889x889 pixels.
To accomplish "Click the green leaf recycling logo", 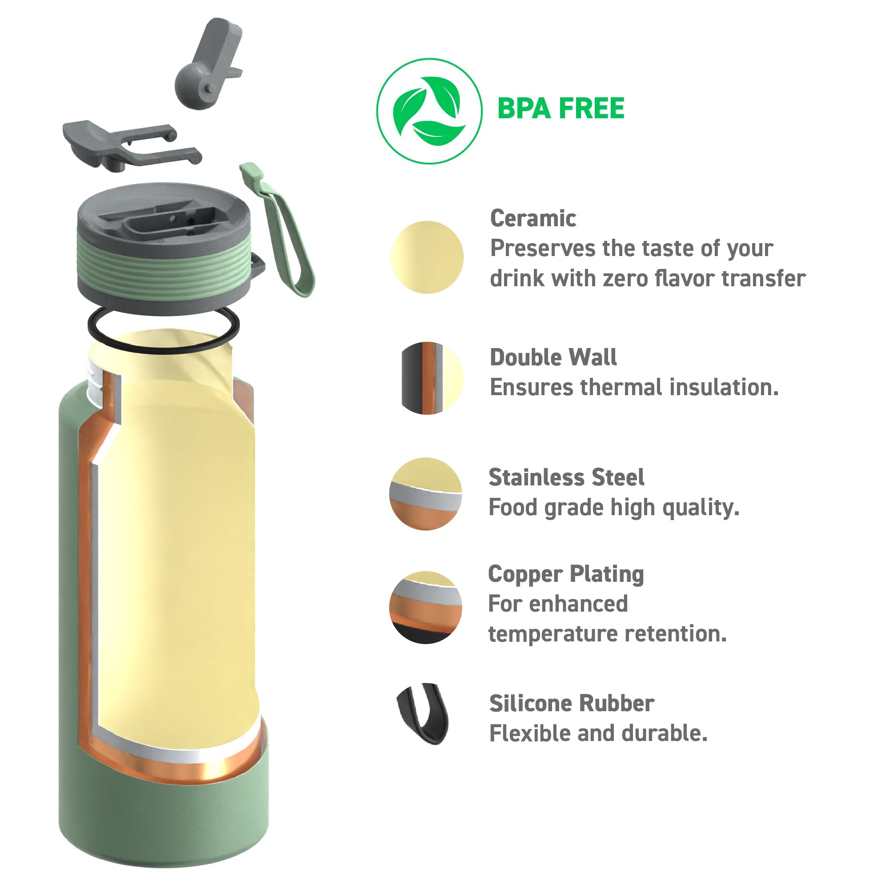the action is coord(429,111).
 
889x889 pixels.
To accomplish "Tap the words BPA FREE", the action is coord(561,108).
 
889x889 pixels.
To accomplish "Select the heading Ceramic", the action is coord(533,218).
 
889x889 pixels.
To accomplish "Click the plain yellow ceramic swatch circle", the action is coord(427,257).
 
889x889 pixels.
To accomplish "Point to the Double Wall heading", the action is coord(553,357).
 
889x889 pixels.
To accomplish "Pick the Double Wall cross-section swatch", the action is coord(432,378).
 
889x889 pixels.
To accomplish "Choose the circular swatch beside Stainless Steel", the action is coord(426,494).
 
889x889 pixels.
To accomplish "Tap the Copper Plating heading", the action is coord(566,574).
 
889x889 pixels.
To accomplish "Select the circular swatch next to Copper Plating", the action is coord(426,607).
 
